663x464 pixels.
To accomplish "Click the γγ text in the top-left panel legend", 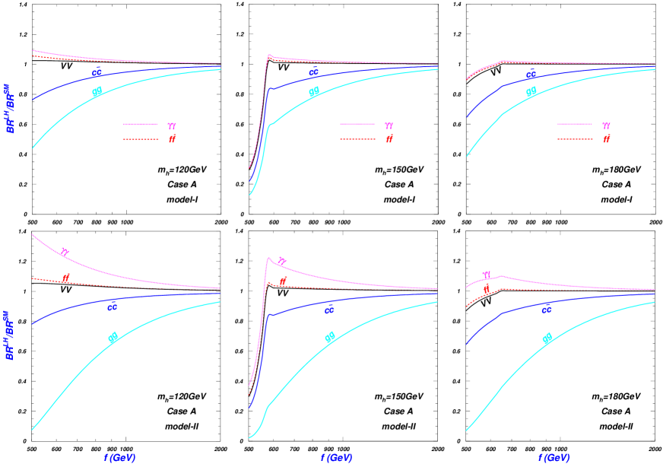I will click(x=173, y=126).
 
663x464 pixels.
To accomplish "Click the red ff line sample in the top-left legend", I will click(x=140, y=139).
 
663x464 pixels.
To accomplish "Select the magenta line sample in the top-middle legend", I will click(x=357, y=124).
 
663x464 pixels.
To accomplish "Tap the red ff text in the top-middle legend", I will click(x=389, y=139).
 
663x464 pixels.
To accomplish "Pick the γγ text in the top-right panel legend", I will click(x=606, y=126).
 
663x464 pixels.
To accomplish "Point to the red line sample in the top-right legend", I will click(x=574, y=139).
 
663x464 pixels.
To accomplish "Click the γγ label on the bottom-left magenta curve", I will click(x=65, y=252).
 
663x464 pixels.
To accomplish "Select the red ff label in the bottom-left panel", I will click(x=66, y=278).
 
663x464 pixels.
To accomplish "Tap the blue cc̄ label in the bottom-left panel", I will click(x=113, y=307).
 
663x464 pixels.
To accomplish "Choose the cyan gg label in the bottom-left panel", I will click(x=113, y=337).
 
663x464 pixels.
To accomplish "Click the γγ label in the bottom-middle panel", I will click(x=282, y=262).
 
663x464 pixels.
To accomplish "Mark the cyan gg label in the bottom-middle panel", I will click(x=330, y=337).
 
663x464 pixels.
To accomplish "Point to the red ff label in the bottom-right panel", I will click(x=487, y=289).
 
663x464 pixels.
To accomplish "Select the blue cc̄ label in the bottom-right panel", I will click(x=546, y=309).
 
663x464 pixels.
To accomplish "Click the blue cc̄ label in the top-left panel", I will click(x=97, y=72).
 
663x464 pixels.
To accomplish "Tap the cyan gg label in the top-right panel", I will click(x=531, y=91).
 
